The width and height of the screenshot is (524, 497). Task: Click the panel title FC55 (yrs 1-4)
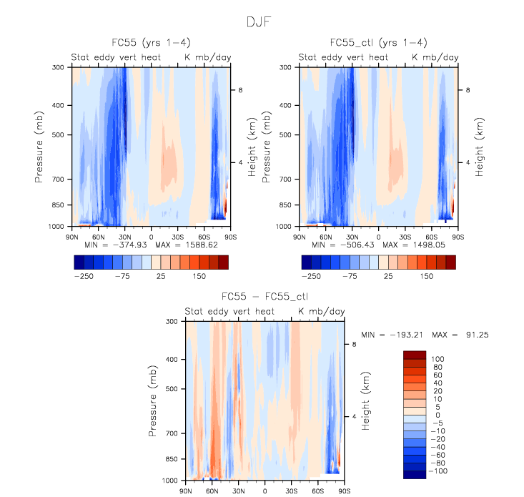(151, 43)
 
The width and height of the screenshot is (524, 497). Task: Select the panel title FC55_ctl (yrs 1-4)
(378, 43)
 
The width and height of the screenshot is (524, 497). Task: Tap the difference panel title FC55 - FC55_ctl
(265, 297)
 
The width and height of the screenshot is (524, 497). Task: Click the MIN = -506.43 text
(340, 245)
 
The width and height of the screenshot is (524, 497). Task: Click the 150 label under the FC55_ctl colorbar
(426, 275)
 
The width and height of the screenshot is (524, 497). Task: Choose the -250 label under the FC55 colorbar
(83, 275)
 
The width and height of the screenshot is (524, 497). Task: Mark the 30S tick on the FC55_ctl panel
(405, 235)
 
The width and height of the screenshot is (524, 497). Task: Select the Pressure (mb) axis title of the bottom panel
(153, 400)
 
